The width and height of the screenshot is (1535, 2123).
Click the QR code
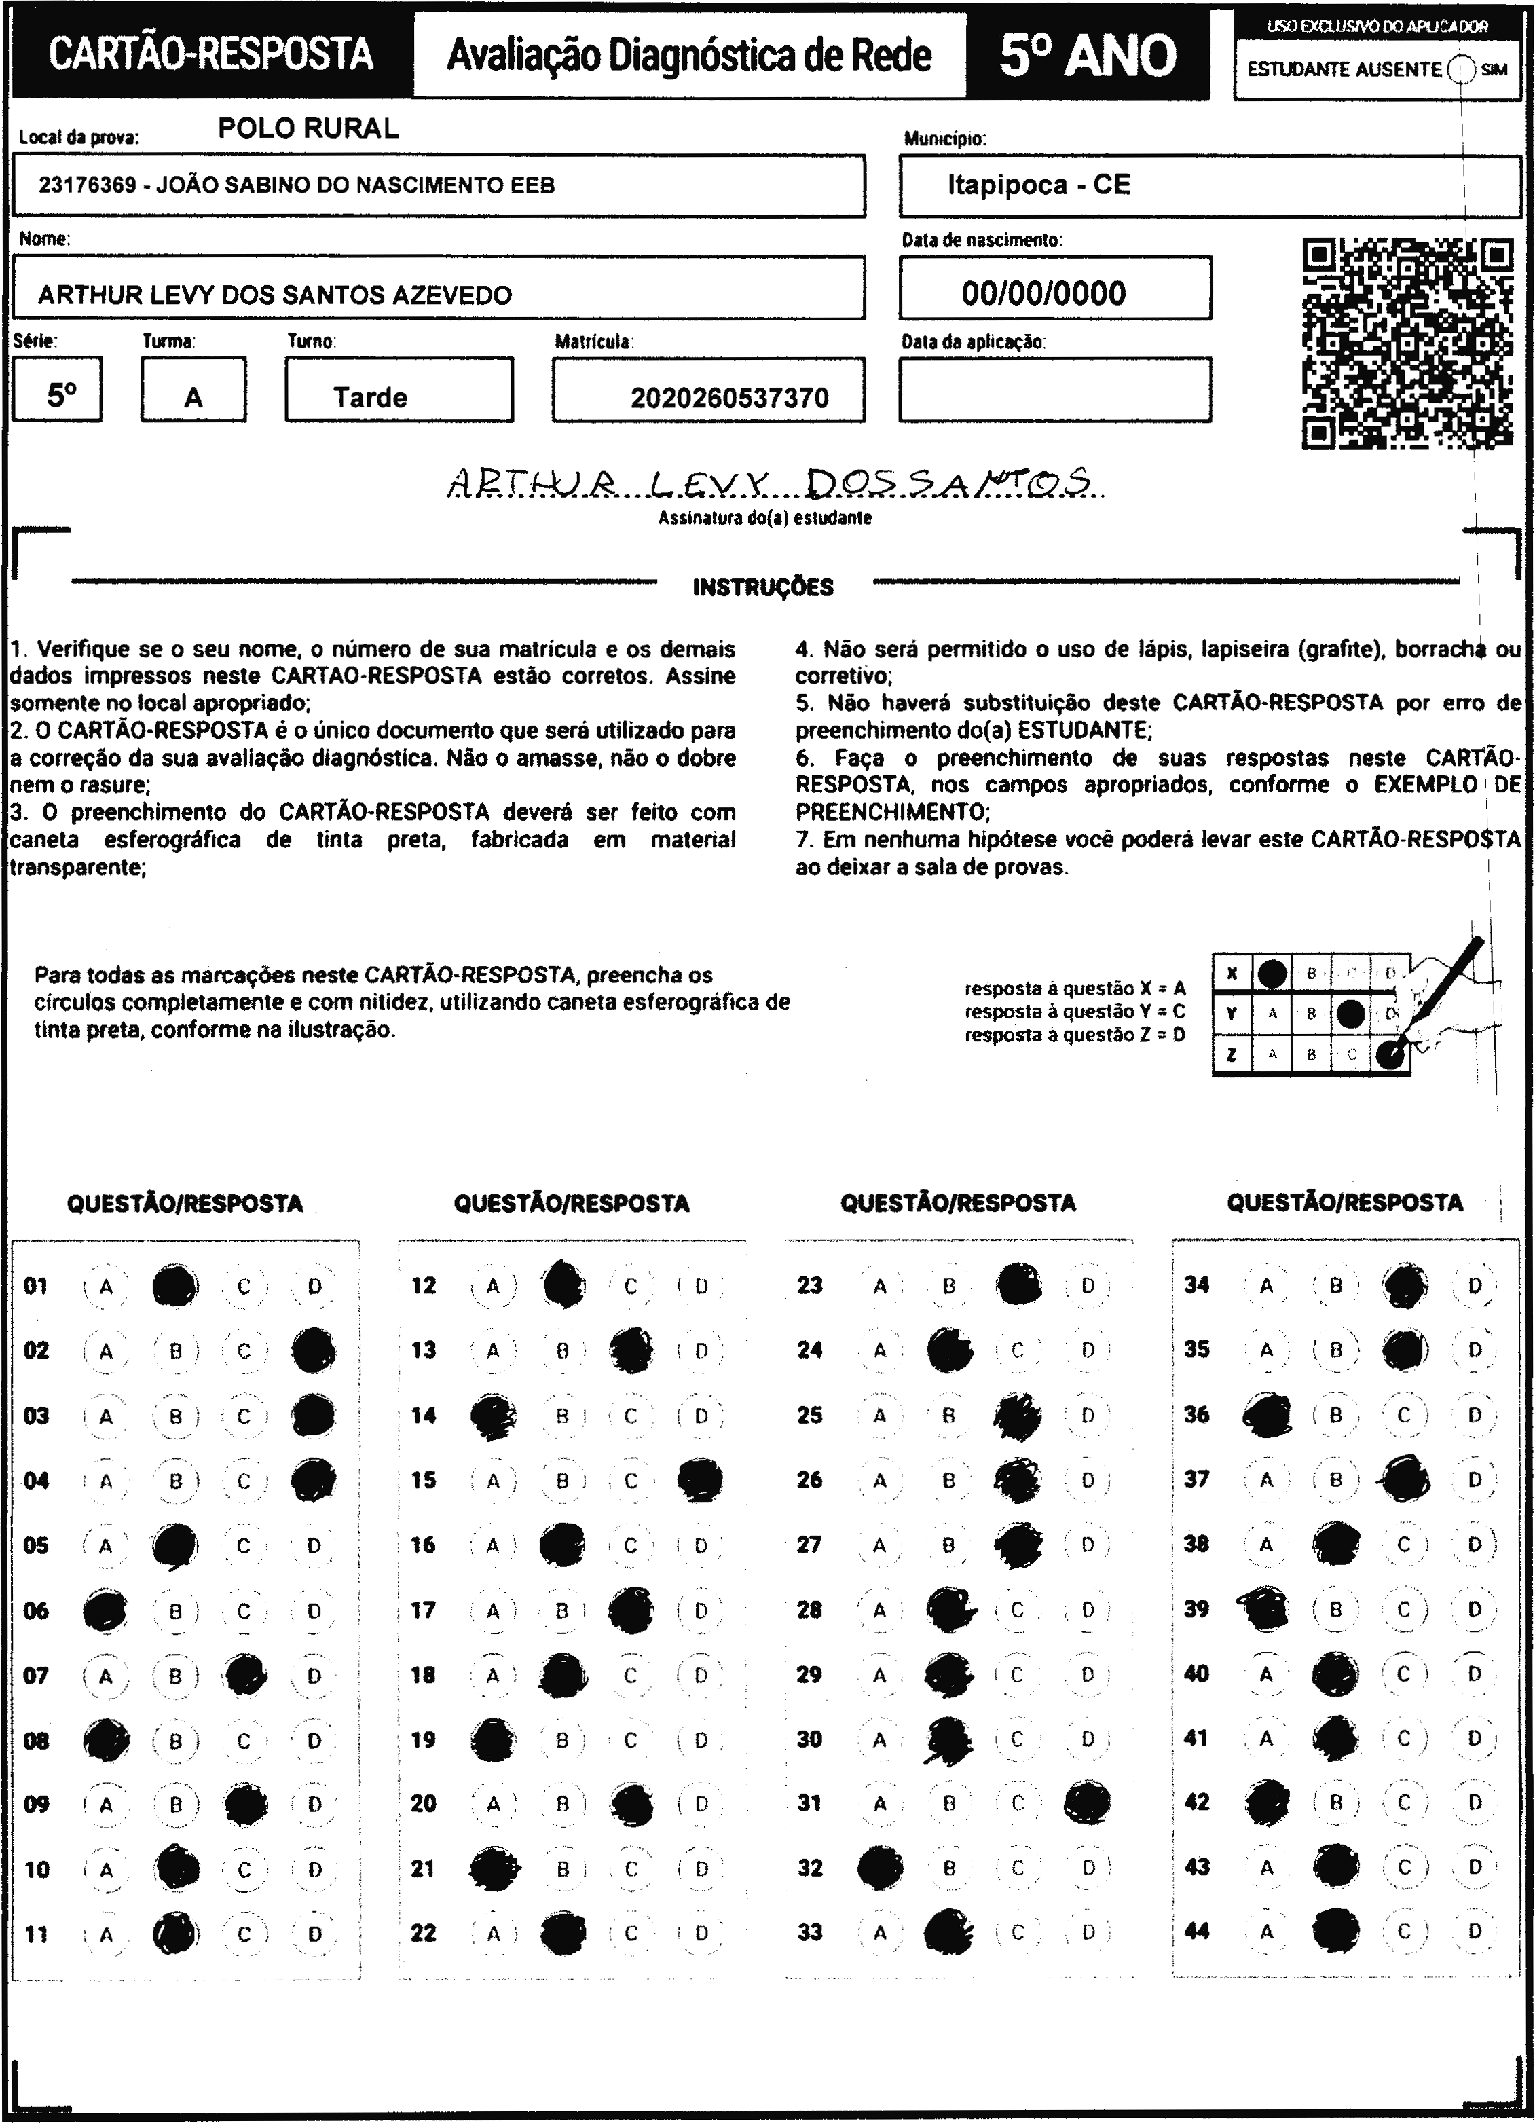click(1407, 344)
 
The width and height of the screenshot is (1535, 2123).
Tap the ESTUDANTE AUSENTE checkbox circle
click(1461, 69)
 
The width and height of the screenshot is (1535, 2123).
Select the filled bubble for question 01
click(175, 1286)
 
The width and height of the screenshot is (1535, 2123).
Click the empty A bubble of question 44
click(1266, 1931)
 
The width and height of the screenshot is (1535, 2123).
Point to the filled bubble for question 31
click(1088, 1802)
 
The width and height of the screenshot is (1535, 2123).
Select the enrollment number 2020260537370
click(729, 399)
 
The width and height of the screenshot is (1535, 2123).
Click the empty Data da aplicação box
click(1055, 390)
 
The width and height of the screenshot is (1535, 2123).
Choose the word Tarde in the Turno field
click(371, 398)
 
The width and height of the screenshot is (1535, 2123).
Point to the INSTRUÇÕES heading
click(763, 588)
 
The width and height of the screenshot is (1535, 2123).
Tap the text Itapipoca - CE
click(1039, 185)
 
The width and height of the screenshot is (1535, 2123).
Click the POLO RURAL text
click(308, 128)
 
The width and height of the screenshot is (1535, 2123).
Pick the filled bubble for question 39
click(1266, 1609)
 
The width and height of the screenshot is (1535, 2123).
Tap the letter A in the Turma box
click(193, 398)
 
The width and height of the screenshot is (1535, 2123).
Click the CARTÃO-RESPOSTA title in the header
click(210, 54)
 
